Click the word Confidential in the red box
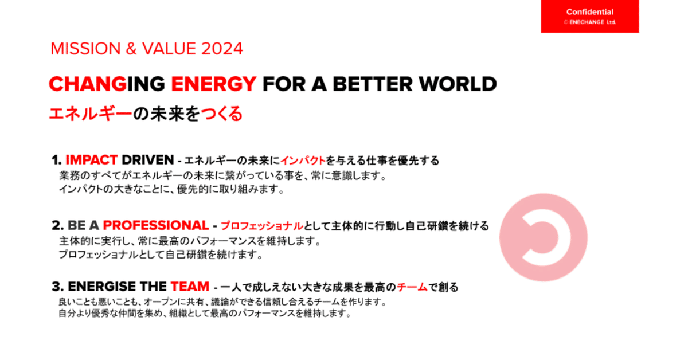[590, 12]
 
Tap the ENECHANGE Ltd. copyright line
[590, 22]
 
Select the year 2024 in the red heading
[222, 49]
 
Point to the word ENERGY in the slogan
[214, 84]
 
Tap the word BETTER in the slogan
[373, 84]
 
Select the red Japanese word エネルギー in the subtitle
[91, 114]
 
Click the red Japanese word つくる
[221, 114]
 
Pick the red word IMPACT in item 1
[92, 160]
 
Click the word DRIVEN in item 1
[148, 160]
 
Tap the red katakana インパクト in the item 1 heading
[303, 161]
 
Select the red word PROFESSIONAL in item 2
[156, 225]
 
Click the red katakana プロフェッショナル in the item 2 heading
[262, 226]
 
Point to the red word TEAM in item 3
[190, 287]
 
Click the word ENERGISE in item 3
[102, 287]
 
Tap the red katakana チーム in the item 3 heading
[412, 287]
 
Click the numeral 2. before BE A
[58, 225]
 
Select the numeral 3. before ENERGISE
[58, 287]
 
